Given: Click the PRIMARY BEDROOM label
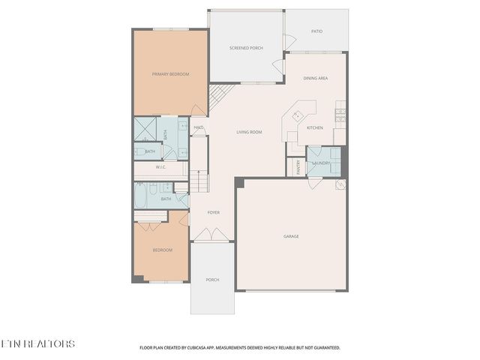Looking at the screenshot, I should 170,74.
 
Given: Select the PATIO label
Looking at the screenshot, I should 317,31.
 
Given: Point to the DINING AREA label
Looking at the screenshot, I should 315,78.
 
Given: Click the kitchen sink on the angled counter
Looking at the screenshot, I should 297,116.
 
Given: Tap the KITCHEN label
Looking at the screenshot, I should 315,127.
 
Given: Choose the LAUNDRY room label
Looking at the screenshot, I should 322,163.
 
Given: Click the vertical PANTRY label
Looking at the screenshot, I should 298,166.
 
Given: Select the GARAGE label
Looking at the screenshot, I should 291,236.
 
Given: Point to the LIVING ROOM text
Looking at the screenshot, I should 249,132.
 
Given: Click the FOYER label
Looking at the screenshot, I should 214,212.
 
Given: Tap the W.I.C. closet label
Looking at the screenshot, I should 160,167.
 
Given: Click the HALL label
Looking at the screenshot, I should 198,127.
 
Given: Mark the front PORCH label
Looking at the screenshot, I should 213,280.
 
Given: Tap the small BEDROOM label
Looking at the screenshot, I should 163,250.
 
